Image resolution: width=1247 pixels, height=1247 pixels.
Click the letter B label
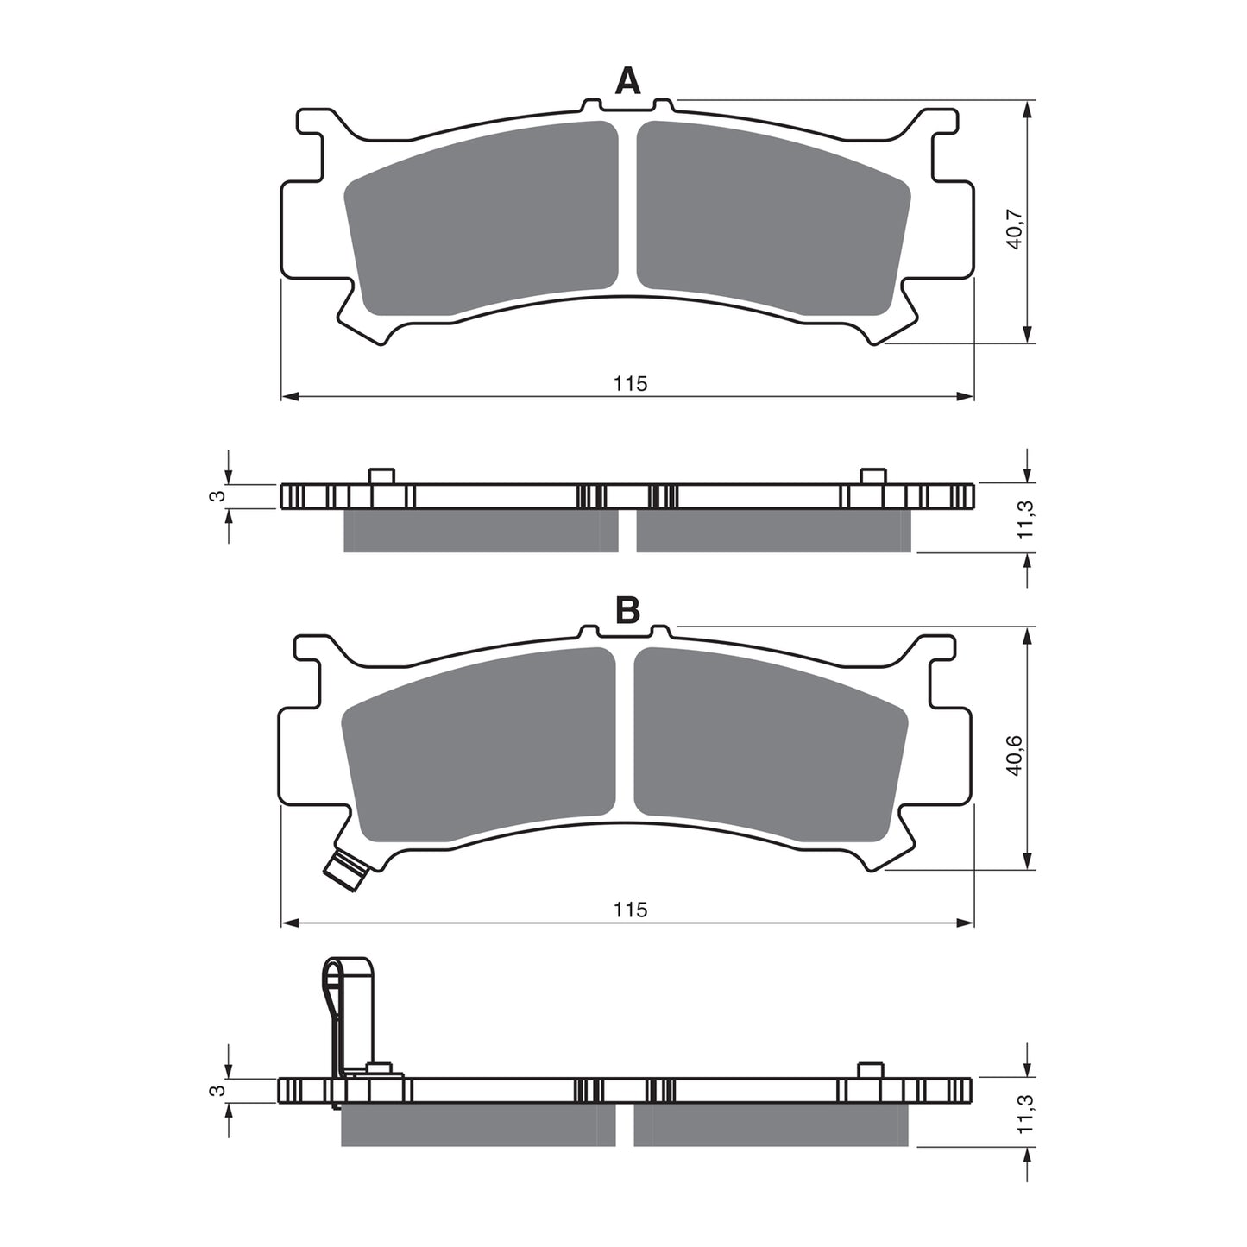[627, 610]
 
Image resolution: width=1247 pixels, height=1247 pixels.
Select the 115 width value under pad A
[630, 384]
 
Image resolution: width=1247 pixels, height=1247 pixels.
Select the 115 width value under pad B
[630, 910]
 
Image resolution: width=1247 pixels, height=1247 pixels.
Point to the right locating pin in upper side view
[872, 476]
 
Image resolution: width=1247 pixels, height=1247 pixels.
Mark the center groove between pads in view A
[627, 207]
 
